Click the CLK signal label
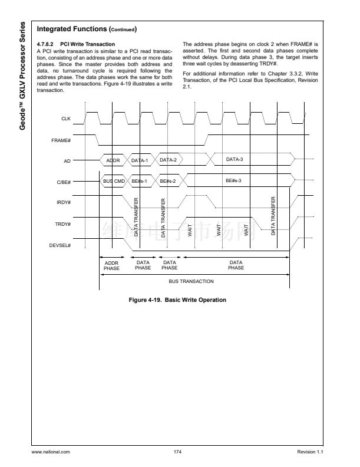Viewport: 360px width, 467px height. [66, 119]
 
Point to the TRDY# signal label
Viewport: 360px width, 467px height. [64, 224]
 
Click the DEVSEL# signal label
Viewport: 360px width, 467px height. [61, 245]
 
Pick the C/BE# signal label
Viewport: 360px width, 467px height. [64, 182]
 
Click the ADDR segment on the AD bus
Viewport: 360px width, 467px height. [113, 160]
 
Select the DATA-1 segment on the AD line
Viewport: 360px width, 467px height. [140, 160]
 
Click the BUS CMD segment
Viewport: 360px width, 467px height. [113, 181]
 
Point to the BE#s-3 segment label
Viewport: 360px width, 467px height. [234, 180]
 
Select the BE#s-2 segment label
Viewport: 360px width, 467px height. [168, 181]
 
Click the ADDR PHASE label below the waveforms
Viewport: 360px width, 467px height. [111, 265]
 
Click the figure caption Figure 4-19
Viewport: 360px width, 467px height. [177, 300]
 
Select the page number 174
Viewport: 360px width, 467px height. [177, 452]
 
